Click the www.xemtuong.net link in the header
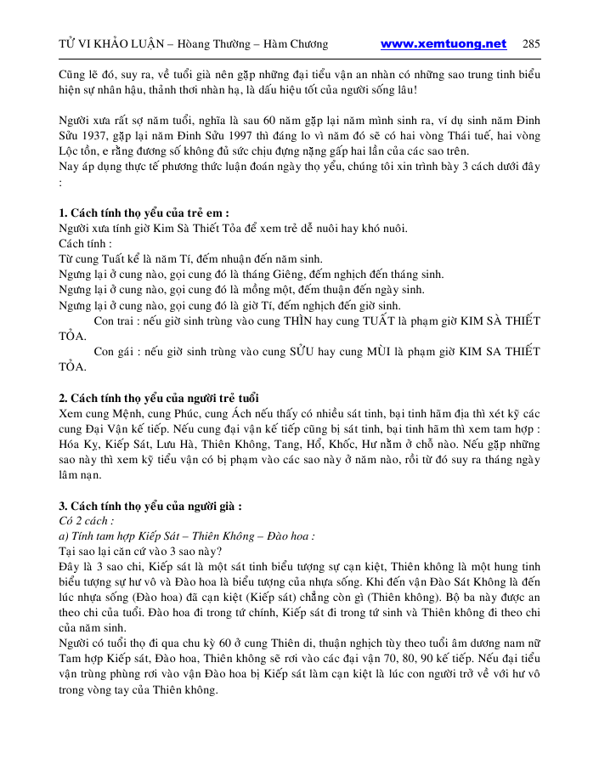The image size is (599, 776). [x=443, y=44]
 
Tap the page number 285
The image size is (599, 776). [x=531, y=44]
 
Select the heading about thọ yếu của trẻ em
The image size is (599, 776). [x=144, y=212]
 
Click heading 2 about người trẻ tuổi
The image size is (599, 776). [x=159, y=399]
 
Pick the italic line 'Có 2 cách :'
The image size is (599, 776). [x=86, y=520]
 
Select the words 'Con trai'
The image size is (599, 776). [x=116, y=320]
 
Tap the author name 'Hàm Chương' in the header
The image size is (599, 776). [x=294, y=44]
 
